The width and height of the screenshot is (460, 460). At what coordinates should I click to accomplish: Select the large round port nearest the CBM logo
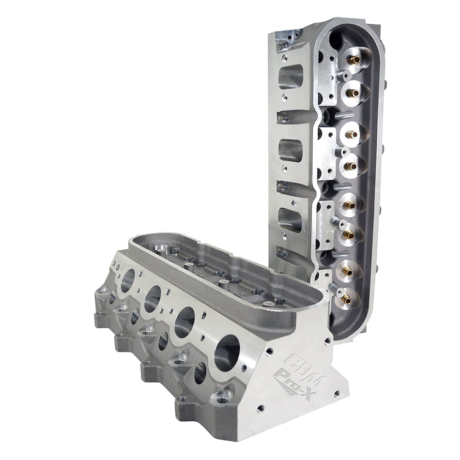point(227,353)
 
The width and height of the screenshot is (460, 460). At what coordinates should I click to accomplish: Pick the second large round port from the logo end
point(184,322)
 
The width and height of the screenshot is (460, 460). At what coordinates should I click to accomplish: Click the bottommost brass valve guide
point(347,300)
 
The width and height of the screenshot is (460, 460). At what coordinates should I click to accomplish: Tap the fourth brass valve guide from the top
point(351,166)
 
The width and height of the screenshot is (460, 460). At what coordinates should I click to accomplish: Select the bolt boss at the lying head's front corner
point(222,399)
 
